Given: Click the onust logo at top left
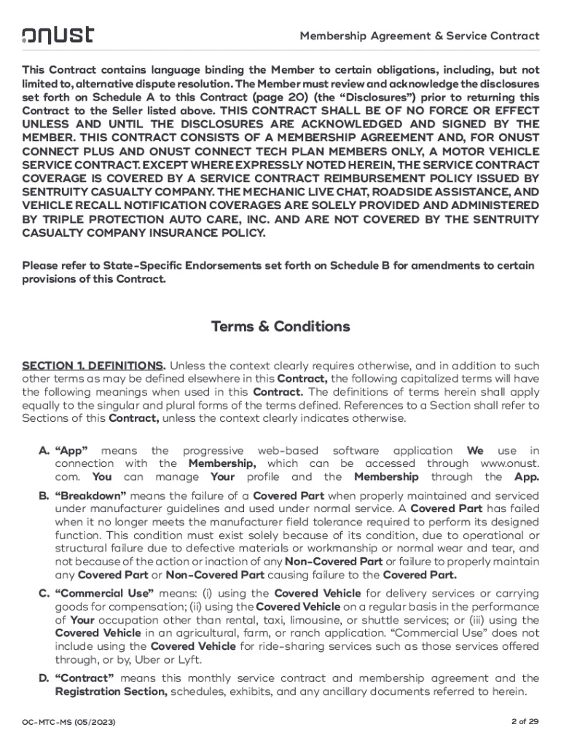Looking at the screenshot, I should click(x=58, y=35).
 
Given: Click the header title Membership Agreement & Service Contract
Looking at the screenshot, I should click(x=420, y=36).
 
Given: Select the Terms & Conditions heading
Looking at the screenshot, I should click(x=280, y=326).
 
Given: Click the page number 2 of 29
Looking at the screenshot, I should click(x=525, y=721).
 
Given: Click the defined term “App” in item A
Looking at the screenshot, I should click(x=72, y=451).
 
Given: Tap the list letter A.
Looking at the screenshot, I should click(x=44, y=451).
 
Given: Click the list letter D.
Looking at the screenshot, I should click(x=44, y=678).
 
